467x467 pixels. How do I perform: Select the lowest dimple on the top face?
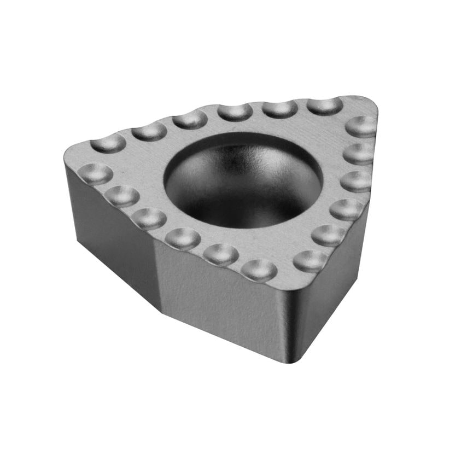click(259, 269)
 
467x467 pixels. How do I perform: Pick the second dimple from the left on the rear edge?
click(149, 131)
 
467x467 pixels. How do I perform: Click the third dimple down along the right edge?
click(357, 180)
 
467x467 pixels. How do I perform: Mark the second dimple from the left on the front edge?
click(121, 195)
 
